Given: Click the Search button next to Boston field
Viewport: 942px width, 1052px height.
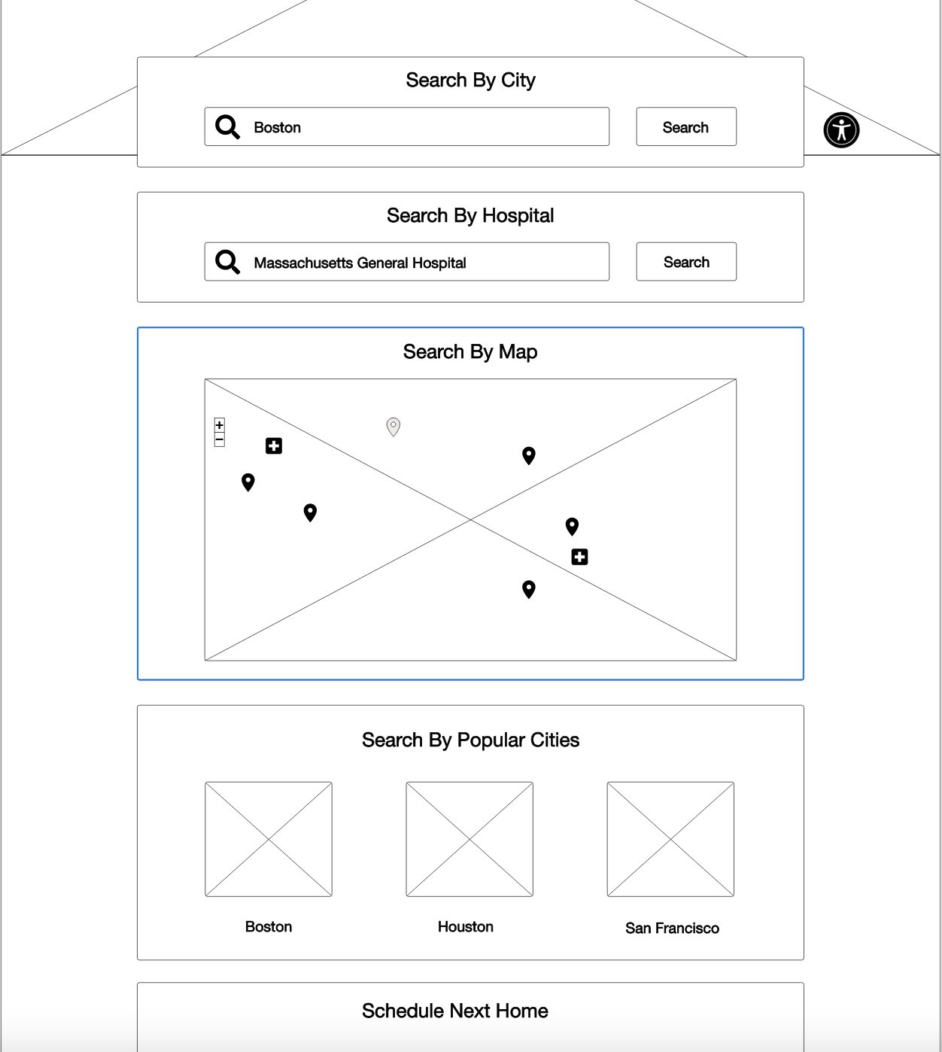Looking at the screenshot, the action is tap(686, 126).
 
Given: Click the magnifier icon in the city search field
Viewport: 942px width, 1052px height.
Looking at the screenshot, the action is tap(227, 126).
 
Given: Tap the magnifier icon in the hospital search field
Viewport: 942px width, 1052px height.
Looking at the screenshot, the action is tap(227, 262).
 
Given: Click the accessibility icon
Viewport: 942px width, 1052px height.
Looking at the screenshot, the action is tap(841, 130).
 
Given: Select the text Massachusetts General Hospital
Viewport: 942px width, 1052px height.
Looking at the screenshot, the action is tap(360, 263).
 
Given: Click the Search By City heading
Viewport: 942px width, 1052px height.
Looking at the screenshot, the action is tap(470, 81).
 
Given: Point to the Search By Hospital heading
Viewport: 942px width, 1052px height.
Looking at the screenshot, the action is tap(470, 215).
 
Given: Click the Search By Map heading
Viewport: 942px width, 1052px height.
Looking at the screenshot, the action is tap(470, 352).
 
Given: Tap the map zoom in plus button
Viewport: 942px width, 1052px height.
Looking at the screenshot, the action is tap(220, 424).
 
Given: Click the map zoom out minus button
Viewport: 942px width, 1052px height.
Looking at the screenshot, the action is tap(220, 439).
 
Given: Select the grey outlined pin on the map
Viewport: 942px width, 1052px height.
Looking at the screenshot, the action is tap(394, 427).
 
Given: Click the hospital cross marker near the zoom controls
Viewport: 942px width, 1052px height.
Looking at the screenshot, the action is tap(274, 446).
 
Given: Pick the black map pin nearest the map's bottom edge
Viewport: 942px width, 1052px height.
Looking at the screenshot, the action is tap(529, 589).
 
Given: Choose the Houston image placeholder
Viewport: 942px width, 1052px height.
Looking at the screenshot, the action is tap(469, 839).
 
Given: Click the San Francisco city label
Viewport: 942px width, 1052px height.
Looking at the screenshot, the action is tap(672, 929).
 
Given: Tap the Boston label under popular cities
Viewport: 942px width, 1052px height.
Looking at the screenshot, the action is tap(269, 927).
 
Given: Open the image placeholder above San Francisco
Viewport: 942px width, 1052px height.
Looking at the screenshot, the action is tap(670, 839).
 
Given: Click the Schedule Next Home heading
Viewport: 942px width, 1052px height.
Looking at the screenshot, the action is tap(455, 1011).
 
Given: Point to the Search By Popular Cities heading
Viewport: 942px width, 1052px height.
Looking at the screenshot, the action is tap(470, 740).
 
